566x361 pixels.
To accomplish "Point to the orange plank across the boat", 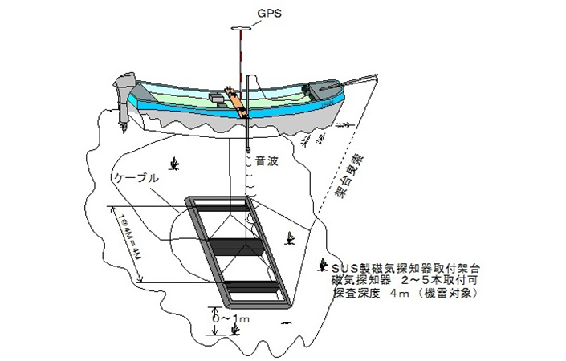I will coord(236,99).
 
